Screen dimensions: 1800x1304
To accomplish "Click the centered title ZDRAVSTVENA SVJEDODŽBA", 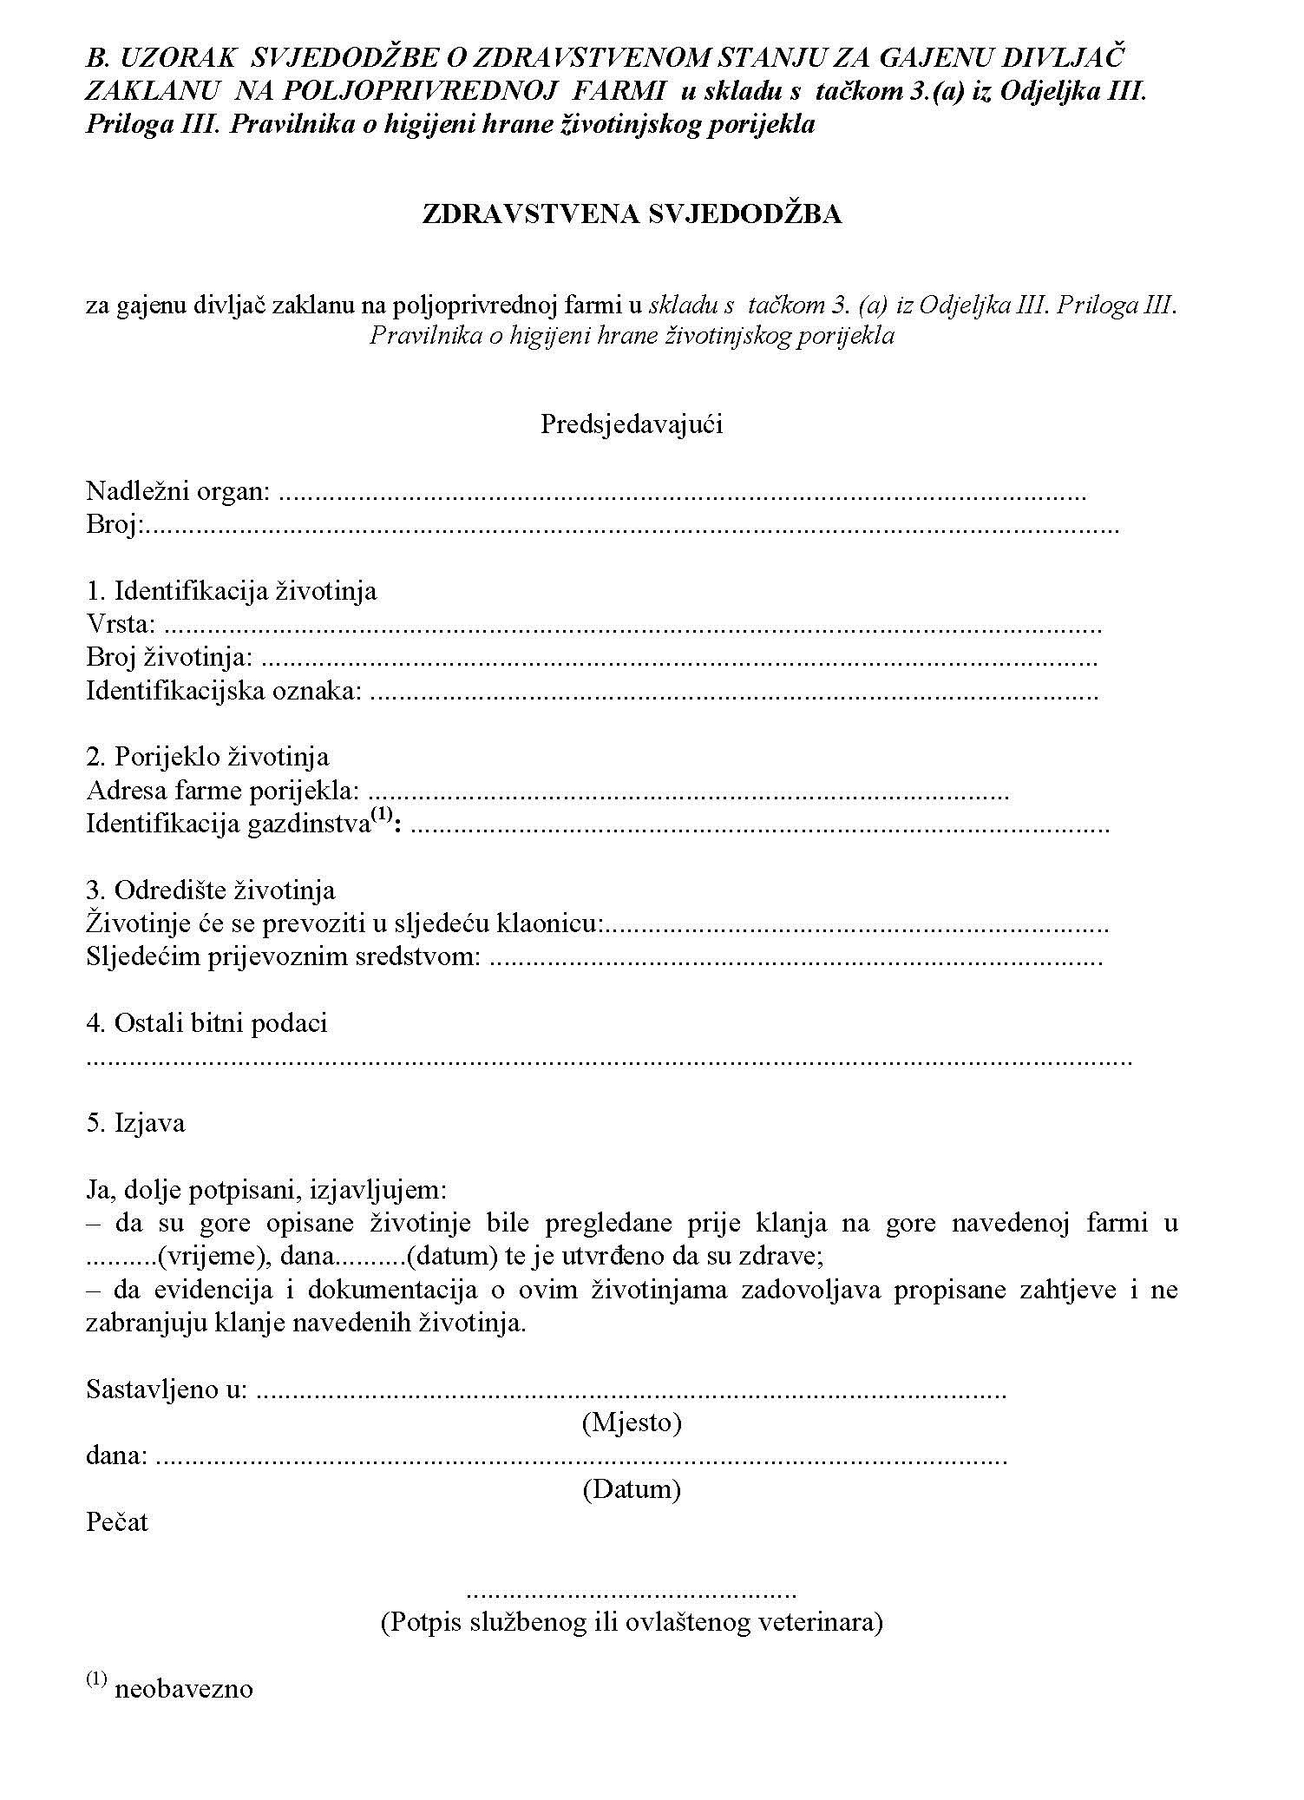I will point(632,215).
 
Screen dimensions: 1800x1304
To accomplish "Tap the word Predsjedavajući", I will point(632,424).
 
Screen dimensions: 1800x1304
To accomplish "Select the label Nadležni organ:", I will point(179,492).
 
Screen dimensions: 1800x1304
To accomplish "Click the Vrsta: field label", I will point(121,624).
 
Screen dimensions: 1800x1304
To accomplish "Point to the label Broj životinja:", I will point(169,658).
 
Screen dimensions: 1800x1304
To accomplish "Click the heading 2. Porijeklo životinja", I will point(207,757).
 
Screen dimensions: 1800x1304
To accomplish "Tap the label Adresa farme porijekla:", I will point(223,792).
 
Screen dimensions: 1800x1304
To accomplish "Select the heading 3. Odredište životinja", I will point(210,890).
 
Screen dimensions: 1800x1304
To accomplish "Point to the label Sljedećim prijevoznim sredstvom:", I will point(283,957).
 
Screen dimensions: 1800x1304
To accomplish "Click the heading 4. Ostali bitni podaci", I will point(206,1023).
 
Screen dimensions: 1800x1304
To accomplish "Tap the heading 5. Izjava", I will point(135,1123).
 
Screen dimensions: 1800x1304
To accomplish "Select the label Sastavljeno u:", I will point(167,1389).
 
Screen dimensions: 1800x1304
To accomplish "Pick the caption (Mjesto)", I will point(631,1422).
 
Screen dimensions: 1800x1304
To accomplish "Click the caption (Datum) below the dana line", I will point(631,1489).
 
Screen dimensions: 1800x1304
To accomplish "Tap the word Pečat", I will point(117,1522).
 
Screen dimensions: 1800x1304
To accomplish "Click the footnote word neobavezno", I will point(184,1690).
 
